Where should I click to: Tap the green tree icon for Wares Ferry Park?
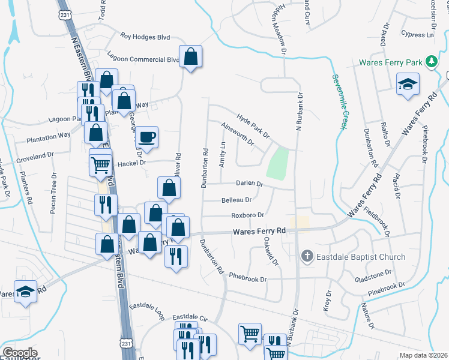[x=430, y=62]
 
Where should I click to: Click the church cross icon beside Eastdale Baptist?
[x=307, y=257]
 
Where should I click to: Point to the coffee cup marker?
[x=147, y=137]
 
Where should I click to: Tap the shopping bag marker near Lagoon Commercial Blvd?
[x=191, y=57]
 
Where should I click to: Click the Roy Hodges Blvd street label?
[x=145, y=37]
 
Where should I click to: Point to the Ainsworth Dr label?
[x=238, y=135]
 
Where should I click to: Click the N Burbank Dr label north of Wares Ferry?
[x=297, y=112]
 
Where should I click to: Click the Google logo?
[x=20, y=352]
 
